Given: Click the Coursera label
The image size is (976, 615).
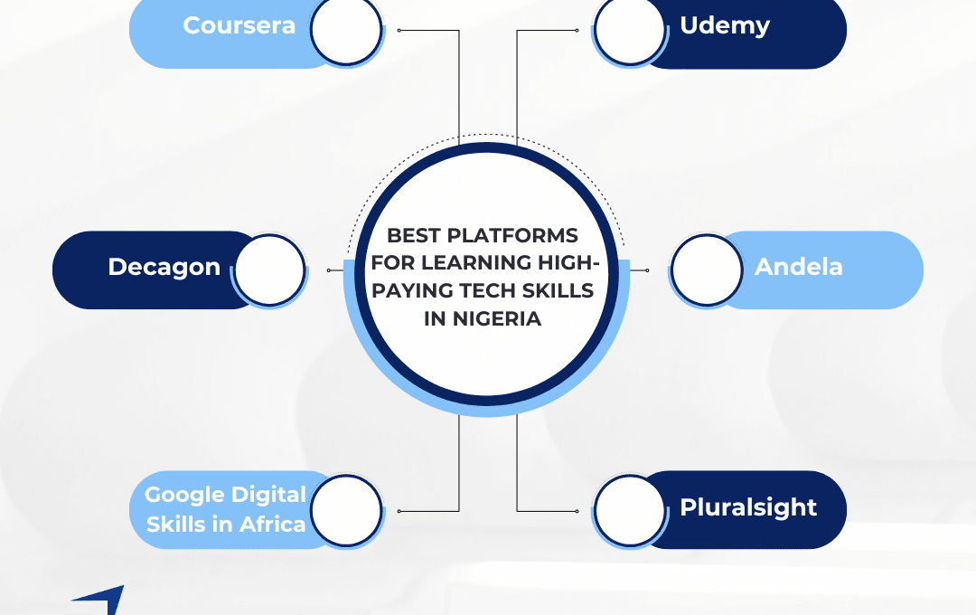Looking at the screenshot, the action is point(239,25).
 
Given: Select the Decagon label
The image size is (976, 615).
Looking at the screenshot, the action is point(164,268).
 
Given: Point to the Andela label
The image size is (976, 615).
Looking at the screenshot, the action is point(799,267).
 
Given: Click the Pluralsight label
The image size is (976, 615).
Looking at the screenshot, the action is point(748,508).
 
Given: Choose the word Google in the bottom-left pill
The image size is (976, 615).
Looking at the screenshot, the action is point(184,496).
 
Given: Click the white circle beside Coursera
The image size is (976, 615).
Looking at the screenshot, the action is point(346,29).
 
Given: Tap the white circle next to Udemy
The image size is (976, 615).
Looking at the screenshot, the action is point(629,29).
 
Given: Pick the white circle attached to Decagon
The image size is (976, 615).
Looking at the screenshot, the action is point(270,270).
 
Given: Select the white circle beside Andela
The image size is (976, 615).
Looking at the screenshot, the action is point(707,270).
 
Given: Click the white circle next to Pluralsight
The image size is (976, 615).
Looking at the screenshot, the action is point(629,511).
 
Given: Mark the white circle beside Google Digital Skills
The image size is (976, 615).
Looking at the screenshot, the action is point(346,511).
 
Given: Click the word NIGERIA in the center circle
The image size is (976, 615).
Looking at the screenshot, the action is point(496,319).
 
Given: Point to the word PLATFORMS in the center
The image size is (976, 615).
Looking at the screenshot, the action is point(513,235).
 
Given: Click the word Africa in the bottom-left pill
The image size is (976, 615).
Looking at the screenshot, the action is point(272,525).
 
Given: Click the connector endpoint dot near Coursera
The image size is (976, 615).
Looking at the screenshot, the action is point(399,30).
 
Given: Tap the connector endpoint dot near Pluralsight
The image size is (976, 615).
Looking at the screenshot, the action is point(577,511).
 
